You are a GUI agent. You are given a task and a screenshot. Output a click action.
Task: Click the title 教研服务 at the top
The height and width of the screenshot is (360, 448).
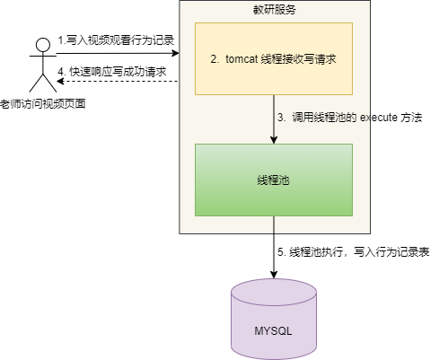[x=274, y=10]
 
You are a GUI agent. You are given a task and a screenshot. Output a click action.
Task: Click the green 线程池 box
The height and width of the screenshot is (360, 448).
[x=274, y=180]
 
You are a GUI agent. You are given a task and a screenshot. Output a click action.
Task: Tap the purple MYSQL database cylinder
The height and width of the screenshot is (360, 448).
[x=274, y=319]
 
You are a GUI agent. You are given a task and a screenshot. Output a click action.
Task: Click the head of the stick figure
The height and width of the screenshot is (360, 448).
[x=39, y=44]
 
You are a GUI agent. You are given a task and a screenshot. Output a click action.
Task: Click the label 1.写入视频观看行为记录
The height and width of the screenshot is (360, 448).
[x=116, y=40]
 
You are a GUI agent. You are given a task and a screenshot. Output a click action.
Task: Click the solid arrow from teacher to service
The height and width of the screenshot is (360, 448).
[x=117, y=55]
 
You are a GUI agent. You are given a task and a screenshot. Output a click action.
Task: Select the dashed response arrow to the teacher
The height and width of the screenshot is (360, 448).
[x=117, y=82]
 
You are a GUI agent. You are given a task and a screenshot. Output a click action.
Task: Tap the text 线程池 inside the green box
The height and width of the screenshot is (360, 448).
[x=274, y=180]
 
